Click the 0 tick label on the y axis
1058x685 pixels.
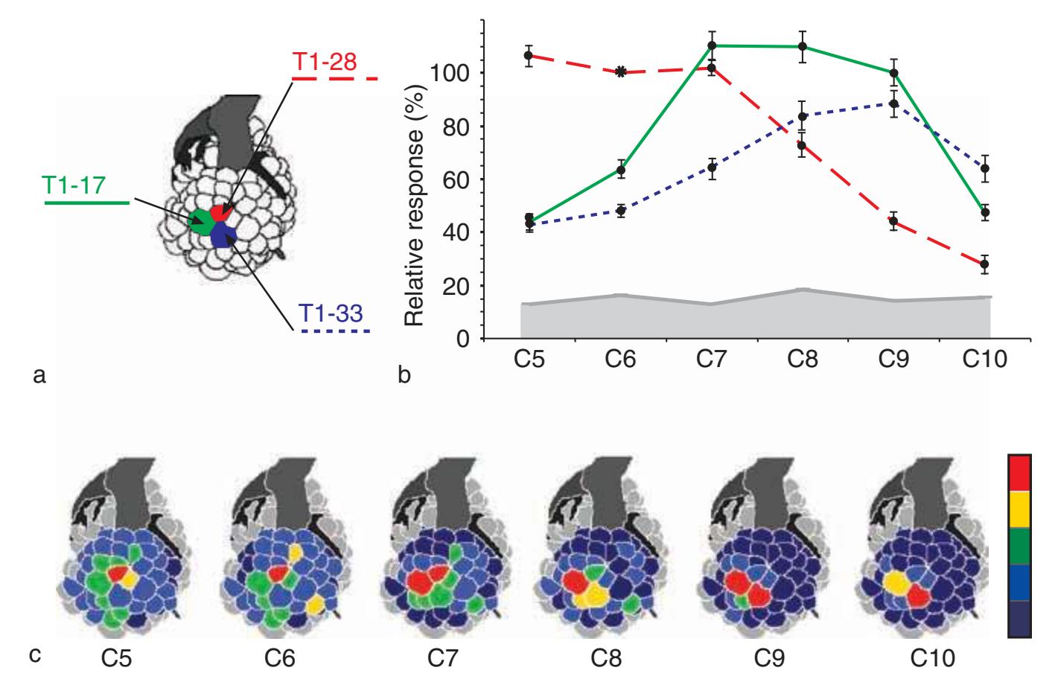(x=463, y=339)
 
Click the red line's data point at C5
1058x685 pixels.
(x=529, y=56)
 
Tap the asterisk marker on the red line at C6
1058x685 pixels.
(x=620, y=72)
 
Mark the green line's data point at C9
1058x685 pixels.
(x=893, y=73)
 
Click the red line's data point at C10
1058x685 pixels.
(x=984, y=264)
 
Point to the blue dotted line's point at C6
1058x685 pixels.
(x=620, y=211)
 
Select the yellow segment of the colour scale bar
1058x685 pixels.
(x=1019, y=508)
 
